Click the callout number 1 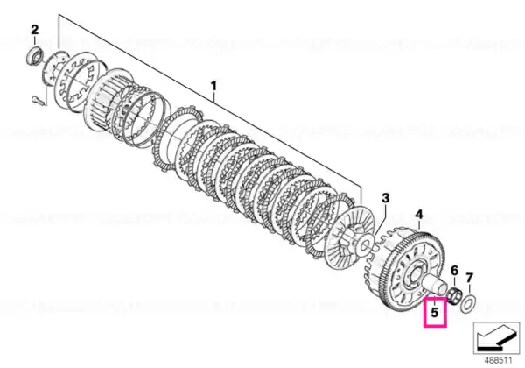click(213, 86)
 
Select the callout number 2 click(35, 30)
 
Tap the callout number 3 click(385, 198)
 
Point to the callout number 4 click(419, 214)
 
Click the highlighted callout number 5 click(434, 313)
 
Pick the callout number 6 click(454, 270)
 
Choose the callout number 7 click(469, 278)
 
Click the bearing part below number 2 click(34, 55)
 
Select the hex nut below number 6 click(455, 295)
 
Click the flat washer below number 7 click(469, 302)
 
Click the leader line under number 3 click(381, 220)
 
